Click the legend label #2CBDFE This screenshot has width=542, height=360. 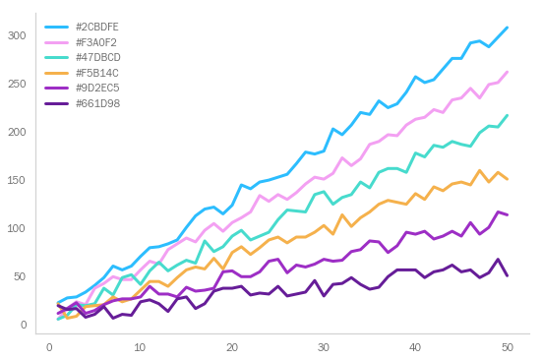[x=96, y=28]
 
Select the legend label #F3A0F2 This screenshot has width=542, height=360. [x=96, y=42]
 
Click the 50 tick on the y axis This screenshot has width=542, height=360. [x=19, y=277]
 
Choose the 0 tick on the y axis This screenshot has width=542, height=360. [x=22, y=326]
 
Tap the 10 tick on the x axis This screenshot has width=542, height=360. [x=141, y=347]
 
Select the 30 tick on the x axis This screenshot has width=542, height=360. [x=324, y=347]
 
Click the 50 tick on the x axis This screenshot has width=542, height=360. [x=507, y=347]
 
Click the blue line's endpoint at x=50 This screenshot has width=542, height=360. [x=507, y=28]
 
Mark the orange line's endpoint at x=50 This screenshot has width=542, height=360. [x=507, y=179]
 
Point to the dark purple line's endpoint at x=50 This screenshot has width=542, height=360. [x=507, y=275]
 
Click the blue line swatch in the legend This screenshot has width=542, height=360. [x=57, y=28]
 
